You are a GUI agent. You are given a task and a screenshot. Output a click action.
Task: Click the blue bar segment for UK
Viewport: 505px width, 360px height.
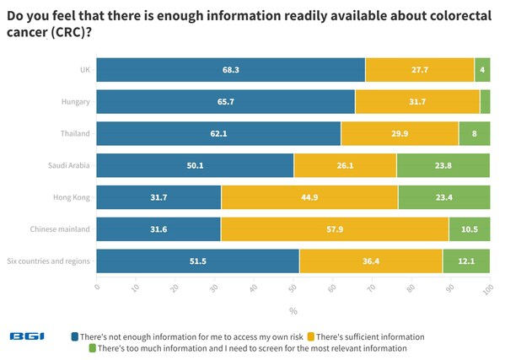pyautogui.click(x=231, y=69)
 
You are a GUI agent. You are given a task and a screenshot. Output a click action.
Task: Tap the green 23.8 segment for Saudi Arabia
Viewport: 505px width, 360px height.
pyautogui.click(x=443, y=165)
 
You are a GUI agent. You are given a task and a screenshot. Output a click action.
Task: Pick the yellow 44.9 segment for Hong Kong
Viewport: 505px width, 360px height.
pyautogui.click(x=309, y=197)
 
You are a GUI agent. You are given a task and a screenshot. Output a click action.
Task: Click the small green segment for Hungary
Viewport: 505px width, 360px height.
pyautogui.click(x=486, y=101)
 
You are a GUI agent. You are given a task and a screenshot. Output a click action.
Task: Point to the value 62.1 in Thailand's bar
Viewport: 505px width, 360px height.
pyautogui.click(x=219, y=133)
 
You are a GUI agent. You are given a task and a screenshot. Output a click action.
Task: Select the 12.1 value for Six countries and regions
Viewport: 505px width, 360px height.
pyautogui.click(x=466, y=261)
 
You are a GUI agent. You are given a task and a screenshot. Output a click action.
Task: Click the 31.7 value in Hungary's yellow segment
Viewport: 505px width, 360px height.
pyautogui.click(x=417, y=101)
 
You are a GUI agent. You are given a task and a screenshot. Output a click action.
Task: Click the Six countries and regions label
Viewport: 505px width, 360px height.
pyautogui.click(x=48, y=261)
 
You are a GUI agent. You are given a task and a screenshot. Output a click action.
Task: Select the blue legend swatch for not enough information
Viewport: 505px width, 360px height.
pyautogui.click(x=76, y=336)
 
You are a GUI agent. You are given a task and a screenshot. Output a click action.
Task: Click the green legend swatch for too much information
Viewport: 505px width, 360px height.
pyautogui.click(x=93, y=347)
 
